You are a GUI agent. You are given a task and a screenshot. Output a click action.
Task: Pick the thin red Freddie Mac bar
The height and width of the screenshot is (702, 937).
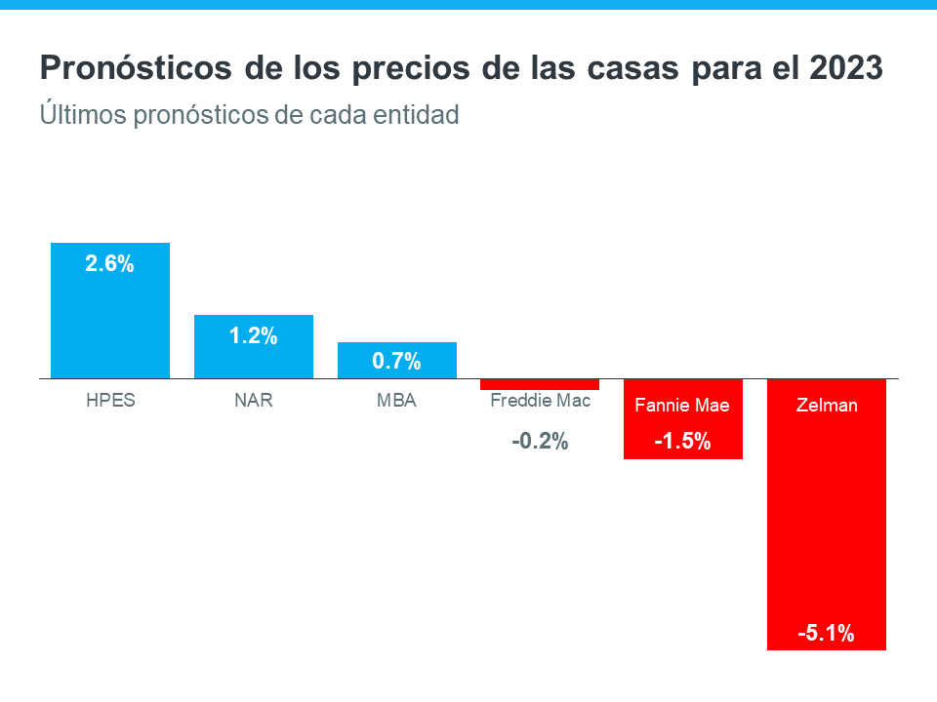point(540,384)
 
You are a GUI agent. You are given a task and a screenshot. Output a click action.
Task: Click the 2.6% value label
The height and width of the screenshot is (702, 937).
point(109,263)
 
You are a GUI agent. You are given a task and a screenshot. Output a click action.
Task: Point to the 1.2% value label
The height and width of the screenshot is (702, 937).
point(254,336)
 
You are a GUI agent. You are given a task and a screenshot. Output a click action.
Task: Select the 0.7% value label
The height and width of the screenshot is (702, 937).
point(397,362)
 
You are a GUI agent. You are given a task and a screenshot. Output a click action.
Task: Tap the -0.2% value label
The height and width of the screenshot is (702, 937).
point(540,442)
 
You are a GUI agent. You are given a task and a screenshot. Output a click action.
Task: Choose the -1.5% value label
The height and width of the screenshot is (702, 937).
point(682,442)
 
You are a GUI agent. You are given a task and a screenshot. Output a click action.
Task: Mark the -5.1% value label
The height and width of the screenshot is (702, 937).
point(826,634)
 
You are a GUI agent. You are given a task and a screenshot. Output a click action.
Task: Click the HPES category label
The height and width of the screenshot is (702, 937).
point(110,402)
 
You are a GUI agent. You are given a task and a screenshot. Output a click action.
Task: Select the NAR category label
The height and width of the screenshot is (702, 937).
point(254,402)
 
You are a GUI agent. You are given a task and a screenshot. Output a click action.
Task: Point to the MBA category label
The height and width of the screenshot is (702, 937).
point(397,402)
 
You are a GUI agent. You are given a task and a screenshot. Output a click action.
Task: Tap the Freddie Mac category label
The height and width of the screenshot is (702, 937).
point(540,401)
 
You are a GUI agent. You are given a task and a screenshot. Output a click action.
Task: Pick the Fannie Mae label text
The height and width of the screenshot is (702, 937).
point(682,405)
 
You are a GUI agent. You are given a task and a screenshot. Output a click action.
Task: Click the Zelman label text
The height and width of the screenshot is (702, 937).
point(826,405)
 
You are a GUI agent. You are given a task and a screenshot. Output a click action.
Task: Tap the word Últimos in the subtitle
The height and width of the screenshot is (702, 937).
point(76,114)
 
